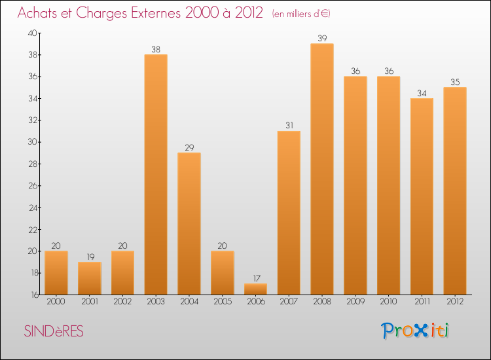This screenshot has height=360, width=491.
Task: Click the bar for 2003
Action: coord(156,174)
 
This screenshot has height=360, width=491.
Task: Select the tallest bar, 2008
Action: coord(322,169)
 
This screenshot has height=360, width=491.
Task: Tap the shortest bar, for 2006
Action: coord(255,289)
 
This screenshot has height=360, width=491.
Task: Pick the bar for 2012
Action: coord(455,190)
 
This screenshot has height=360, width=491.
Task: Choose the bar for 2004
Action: coord(189,223)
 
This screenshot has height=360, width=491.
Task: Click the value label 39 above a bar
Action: coord(322,38)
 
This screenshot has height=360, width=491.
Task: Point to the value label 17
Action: coord(255,278)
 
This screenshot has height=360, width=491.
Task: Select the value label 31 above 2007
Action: coord(289,126)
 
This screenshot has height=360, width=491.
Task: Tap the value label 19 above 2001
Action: coord(89,257)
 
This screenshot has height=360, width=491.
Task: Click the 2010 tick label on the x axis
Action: coord(388,302)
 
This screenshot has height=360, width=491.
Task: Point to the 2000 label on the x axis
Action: coord(56,302)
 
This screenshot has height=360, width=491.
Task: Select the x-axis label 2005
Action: coord(222,302)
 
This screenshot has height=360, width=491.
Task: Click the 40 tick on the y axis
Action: coord(33,33)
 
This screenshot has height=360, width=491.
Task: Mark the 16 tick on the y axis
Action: coord(33,295)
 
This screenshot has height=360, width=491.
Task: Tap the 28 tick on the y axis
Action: coord(33,164)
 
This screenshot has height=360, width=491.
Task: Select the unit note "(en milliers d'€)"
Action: coord(301,14)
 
